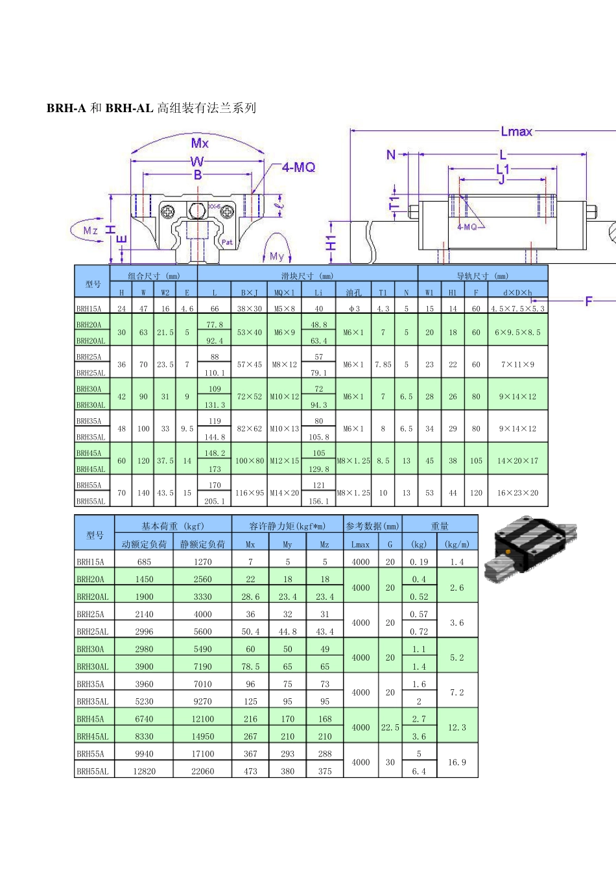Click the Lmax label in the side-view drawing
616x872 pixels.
point(516,132)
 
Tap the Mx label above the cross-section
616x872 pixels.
point(200,143)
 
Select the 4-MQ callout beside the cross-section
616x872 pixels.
point(298,167)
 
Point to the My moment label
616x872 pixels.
point(277,256)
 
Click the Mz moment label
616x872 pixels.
point(91,230)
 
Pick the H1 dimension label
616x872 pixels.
point(331,243)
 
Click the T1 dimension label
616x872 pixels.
point(394,203)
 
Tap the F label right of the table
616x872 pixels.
point(589,301)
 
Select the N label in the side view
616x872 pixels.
point(391,155)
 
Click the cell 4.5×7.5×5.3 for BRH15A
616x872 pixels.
point(517,309)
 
